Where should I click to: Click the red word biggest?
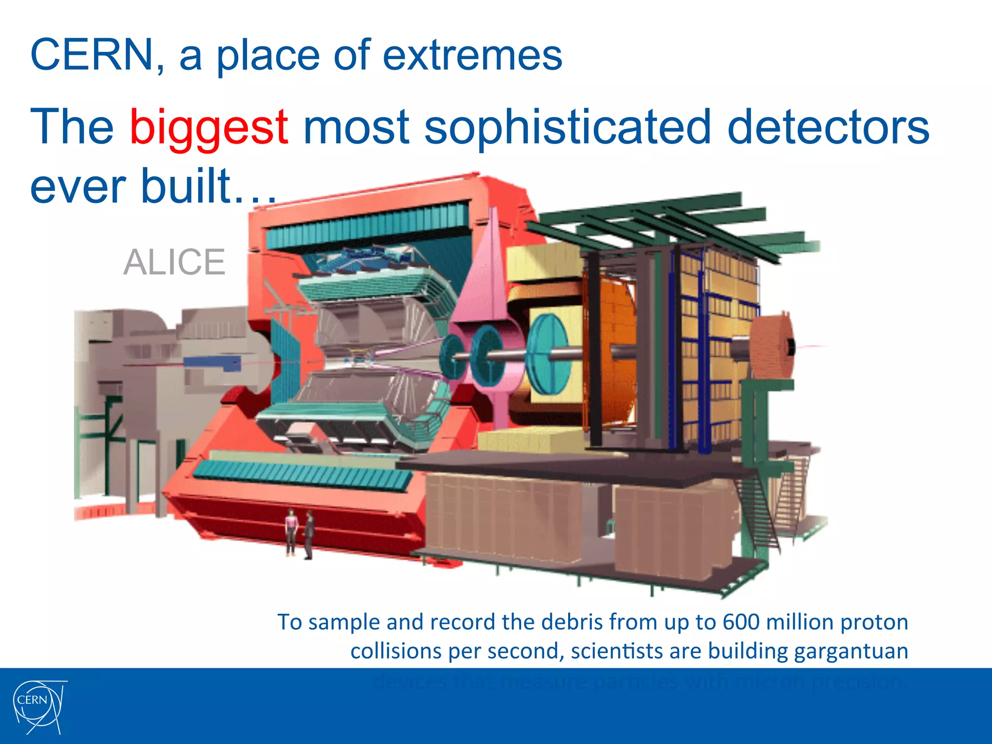tap(209, 127)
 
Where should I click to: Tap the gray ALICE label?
tap(174, 262)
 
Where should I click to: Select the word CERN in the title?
tap(92, 54)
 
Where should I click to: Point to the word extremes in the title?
tap(472, 55)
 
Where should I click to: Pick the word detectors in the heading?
tap(828, 127)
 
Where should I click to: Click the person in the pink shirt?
tap(291, 530)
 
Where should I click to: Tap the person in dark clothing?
tap(309, 533)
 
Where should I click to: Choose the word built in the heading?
tap(184, 186)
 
